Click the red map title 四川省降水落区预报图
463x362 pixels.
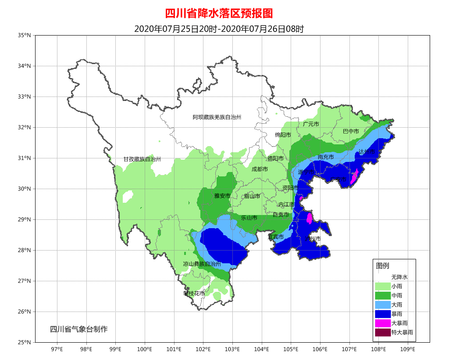(x=219, y=13)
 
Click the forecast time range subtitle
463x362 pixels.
(x=219, y=29)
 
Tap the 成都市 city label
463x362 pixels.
(x=260, y=169)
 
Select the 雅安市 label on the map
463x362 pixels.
(x=222, y=196)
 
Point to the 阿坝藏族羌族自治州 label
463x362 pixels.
(x=217, y=117)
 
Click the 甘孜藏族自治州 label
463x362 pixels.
(x=142, y=159)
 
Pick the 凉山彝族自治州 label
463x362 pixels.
(x=202, y=264)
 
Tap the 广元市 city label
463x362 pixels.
(x=311, y=124)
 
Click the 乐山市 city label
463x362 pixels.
(x=249, y=217)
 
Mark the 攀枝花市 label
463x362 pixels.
(x=194, y=293)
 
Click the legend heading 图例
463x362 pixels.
(x=382, y=266)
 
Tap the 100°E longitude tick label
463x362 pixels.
(x=145, y=349)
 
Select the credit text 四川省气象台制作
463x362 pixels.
(x=78, y=329)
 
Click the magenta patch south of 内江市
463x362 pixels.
(x=309, y=218)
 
